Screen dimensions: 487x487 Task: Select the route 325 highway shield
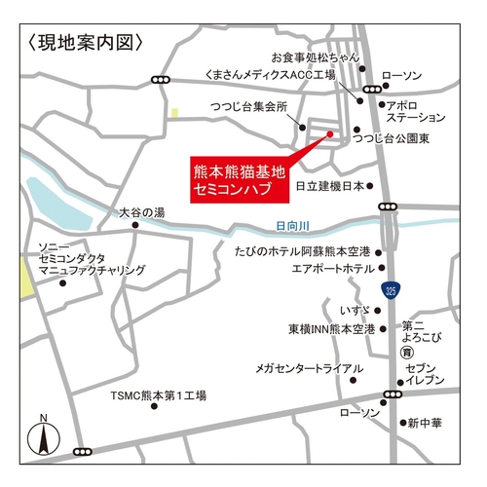390,289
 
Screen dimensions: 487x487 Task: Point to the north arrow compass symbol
43,434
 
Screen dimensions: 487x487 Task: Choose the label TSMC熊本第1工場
157,397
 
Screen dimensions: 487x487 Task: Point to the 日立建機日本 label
328,185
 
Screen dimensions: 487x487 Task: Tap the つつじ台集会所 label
249,107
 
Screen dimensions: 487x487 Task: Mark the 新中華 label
426,423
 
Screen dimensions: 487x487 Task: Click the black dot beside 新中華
403,423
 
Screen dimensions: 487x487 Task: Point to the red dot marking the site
329,134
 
